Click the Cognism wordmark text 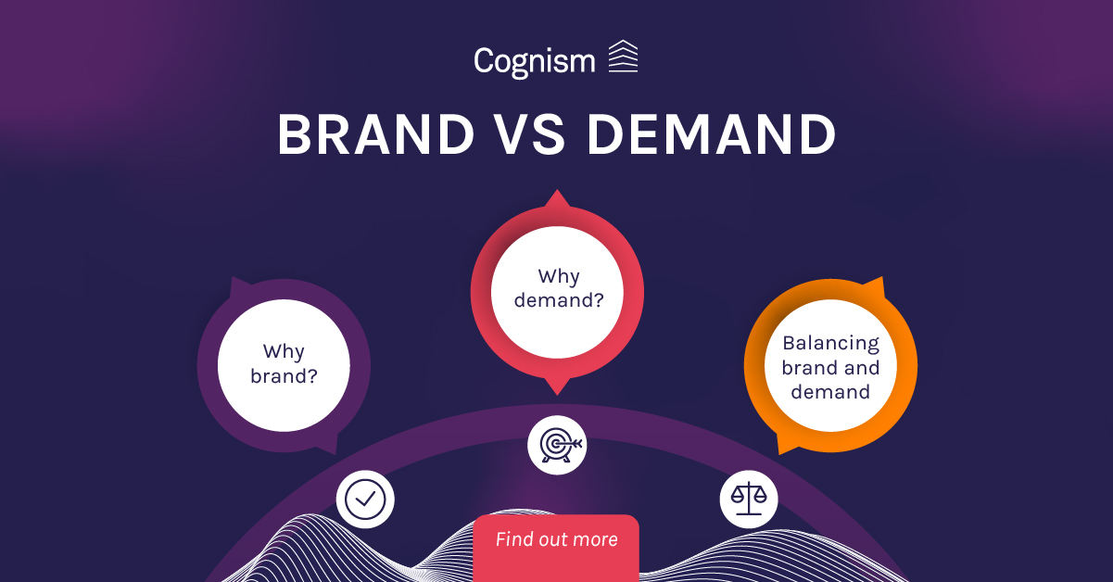pyautogui.click(x=534, y=61)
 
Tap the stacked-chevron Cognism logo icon pyautogui.click(x=623, y=57)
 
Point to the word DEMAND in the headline pyautogui.click(x=712, y=135)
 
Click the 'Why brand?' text pyautogui.click(x=284, y=364)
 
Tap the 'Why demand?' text pyautogui.click(x=558, y=287)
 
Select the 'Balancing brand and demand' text pyautogui.click(x=830, y=367)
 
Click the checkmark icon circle pyautogui.click(x=365, y=500)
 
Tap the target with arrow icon pyautogui.click(x=557, y=445)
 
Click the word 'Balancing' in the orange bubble pyautogui.click(x=830, y=343)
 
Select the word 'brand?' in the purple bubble pyautogui.click(x=284, y=376)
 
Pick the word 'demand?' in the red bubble pyautogui.click(x=558, y=299)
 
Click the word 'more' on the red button pyautogui.click(x=594, y=539)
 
